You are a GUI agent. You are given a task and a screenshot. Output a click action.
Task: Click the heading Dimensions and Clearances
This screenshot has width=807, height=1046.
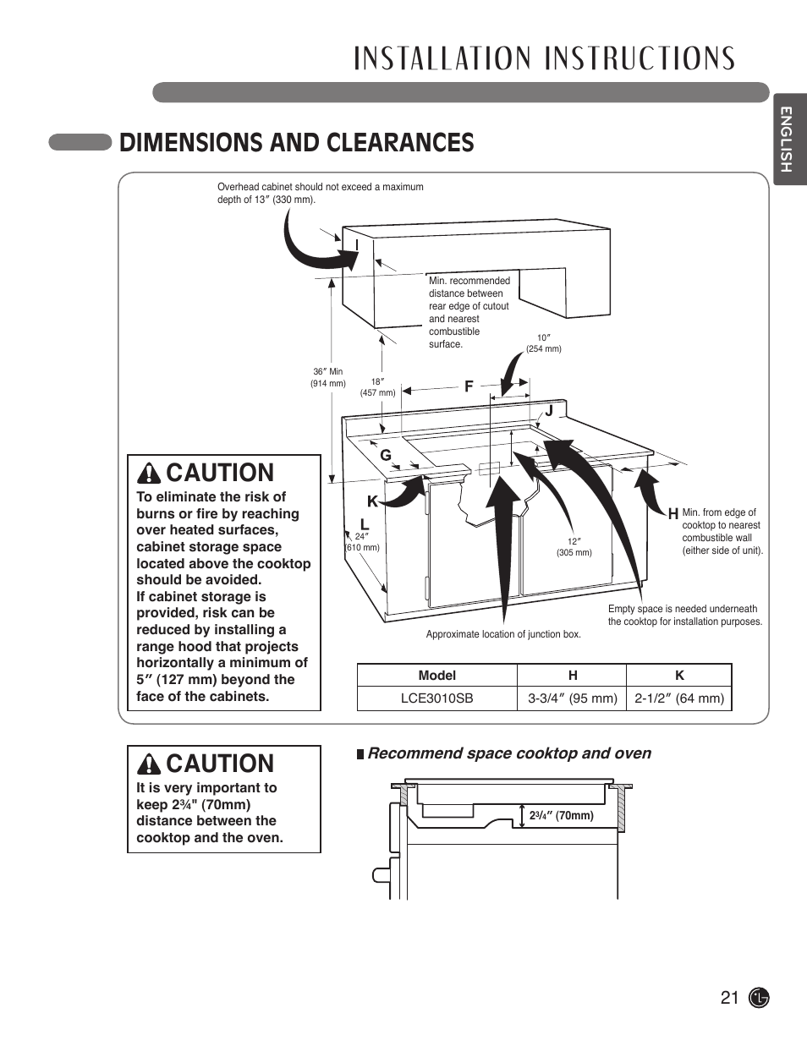point(296,143)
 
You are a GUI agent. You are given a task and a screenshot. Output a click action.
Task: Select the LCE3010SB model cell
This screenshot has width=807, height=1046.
point(436,698)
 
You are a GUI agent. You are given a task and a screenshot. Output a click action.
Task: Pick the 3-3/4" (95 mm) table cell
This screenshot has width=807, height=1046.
point(572,698)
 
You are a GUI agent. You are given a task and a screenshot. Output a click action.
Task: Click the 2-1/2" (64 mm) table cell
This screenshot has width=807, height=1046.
point(679,698)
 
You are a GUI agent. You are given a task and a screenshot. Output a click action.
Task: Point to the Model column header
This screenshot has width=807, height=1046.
point(436,675)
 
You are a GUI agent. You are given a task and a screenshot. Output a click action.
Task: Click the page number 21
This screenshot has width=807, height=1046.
point(730,998)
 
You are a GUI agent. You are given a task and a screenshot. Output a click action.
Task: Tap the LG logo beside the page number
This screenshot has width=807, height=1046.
point(760,998)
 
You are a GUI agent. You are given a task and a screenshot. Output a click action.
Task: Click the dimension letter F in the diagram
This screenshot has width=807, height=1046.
point(467,386)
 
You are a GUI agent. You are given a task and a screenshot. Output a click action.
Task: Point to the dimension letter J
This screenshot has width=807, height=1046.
point(548,411)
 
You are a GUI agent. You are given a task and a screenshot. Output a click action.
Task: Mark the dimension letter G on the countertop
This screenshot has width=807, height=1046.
point(385,455)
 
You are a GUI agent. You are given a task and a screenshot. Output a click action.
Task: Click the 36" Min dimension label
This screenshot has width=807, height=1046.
point(327,377)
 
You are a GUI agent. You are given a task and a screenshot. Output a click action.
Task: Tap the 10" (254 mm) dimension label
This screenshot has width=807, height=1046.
point(543,343)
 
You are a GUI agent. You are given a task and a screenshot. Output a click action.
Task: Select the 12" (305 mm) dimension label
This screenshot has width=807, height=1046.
point(574,547)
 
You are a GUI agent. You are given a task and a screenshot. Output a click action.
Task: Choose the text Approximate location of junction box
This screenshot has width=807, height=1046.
point(502,634)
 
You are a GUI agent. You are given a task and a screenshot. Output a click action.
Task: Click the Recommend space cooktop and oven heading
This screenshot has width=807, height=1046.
point(508,753)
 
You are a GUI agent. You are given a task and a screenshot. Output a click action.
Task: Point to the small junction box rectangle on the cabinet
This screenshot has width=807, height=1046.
point(490,469)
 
